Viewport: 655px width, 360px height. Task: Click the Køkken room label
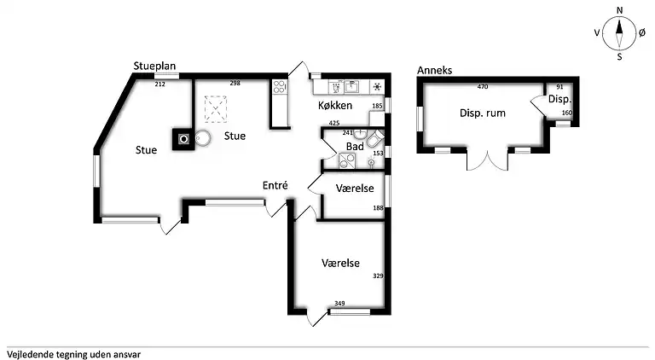tap(335, 105)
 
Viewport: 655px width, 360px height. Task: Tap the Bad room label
tap(355, 147)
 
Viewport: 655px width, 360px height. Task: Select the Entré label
tap(275, 185)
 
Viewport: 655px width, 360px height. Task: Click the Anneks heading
tap(434, 70)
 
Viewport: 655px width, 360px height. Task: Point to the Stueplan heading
tap(154, 66)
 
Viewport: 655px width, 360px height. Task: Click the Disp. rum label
tap(483, 113)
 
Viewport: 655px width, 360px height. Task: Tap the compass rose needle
tap(619, 33)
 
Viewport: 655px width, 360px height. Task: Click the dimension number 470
tap(483, 87)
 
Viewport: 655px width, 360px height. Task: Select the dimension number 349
tap(339, 304)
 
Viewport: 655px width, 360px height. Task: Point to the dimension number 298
tap(235, 83)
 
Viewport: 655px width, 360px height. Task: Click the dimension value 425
tap(334, 123)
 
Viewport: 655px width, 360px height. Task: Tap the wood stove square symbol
tap(184, 139)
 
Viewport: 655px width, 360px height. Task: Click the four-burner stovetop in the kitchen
tap(279, 87)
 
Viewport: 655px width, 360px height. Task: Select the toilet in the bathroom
tap(375, 138)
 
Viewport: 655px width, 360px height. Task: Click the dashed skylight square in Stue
tap(216, 109)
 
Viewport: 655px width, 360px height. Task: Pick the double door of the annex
tap(488, 160)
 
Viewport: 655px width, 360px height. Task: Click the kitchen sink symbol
tap(351, 87)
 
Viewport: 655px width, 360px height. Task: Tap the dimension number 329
tap(378, 276)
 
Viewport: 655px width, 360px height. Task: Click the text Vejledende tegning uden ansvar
tap(74, 355)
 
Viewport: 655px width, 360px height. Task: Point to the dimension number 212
tap(160, 84)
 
